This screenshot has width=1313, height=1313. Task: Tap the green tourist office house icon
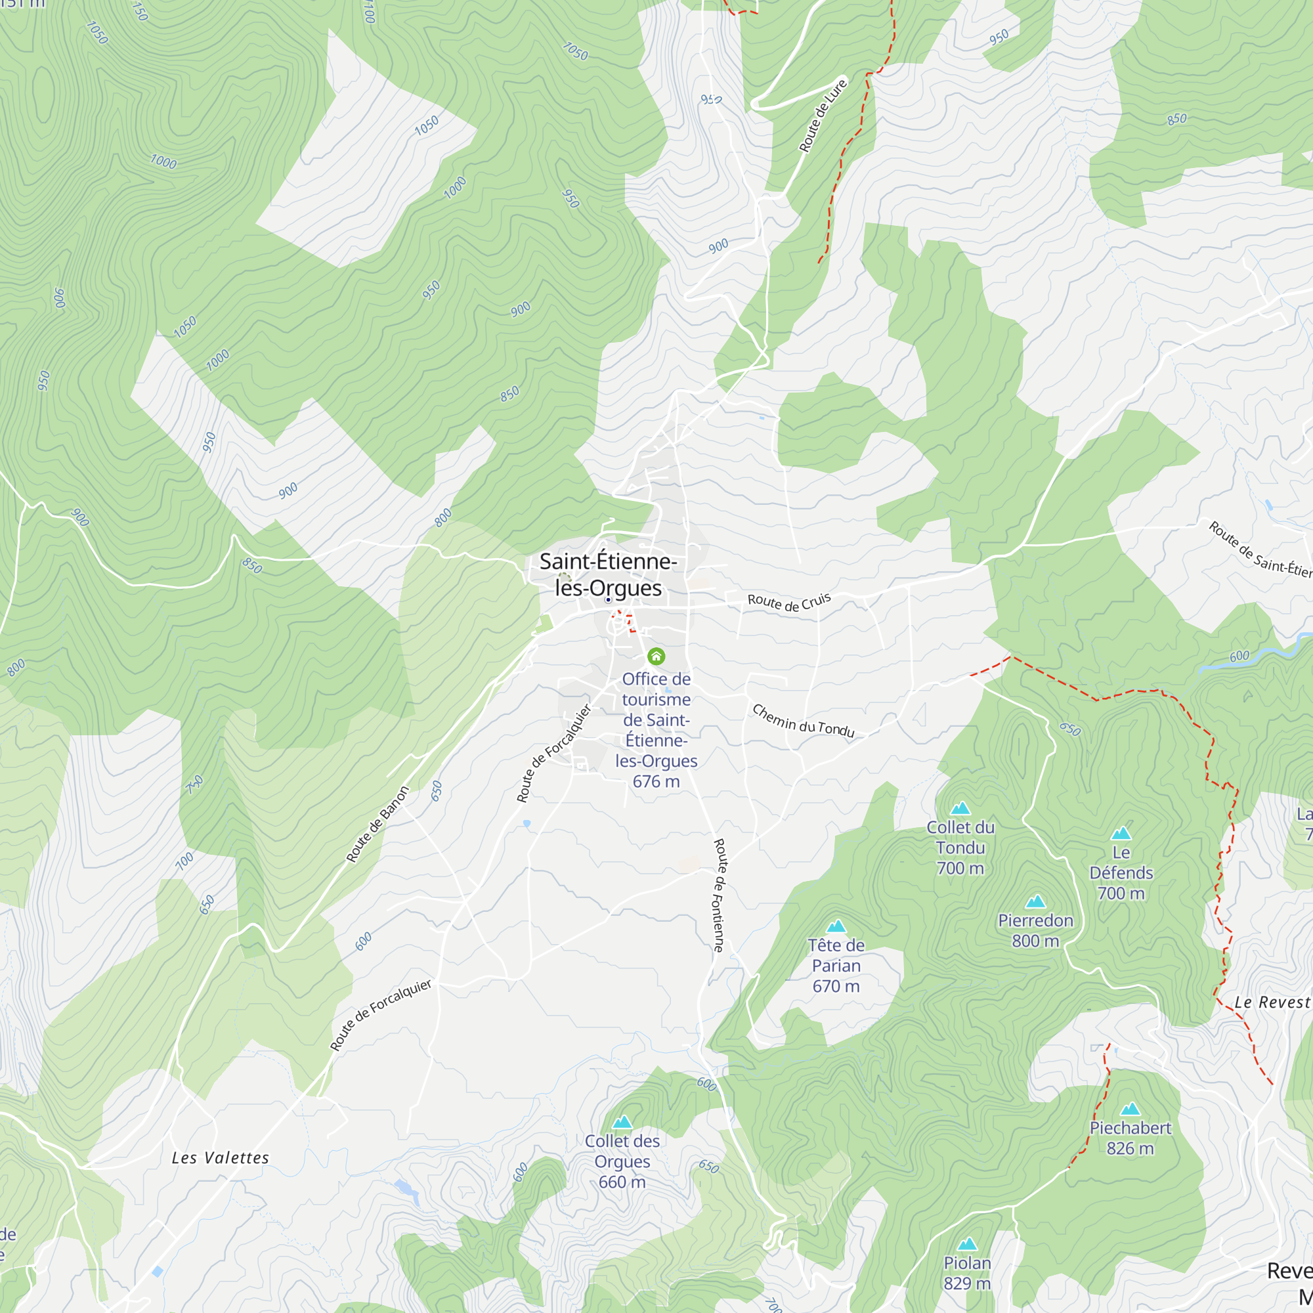point(656,656)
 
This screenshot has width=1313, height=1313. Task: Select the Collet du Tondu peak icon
point(960,808)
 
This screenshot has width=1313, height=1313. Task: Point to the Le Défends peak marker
point(1121,833)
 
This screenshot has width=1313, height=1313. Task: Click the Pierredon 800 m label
point(1035,930)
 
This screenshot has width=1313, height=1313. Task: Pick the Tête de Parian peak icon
point(836,926)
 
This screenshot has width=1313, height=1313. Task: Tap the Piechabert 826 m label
point(1130,1138)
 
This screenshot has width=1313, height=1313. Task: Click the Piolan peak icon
point(967,1244)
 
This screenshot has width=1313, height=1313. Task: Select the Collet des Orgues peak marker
point(622,1122)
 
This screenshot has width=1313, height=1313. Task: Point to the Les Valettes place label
point(220,1158)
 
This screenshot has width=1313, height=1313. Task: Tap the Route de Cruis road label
point(789,601)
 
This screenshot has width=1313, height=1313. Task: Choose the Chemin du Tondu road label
point(803,721)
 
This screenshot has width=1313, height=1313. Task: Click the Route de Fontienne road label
point(719,895)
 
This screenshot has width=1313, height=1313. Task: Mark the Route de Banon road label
point(378,825)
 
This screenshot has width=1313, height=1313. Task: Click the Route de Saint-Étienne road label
point(1260,549)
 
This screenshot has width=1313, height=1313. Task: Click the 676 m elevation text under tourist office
point(656,781)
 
